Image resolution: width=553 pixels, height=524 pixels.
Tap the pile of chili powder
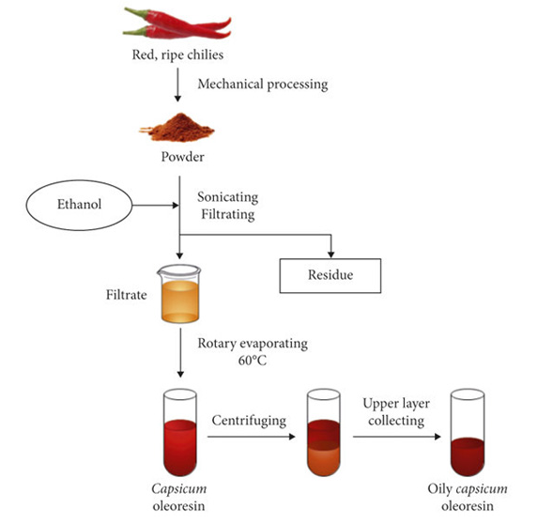(177, 128)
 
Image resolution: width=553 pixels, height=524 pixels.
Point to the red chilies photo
(177, 23)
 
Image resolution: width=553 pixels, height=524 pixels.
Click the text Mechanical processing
(263, 85)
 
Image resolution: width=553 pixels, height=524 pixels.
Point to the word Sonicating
(228, 197)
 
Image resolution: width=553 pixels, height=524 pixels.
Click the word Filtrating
(228, 214)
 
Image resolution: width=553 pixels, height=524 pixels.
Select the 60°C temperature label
(253, 361)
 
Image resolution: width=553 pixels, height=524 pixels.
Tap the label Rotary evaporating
(253, 344)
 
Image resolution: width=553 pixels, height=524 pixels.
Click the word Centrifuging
(249, 421)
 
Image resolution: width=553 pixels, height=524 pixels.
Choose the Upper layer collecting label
(396, 412)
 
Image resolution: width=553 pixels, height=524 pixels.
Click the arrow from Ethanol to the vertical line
(156, 205)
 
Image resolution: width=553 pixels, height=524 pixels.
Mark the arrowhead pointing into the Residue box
(330, 254)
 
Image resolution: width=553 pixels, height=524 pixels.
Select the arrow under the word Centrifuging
(251, 437)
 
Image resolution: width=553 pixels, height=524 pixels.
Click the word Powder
(183, 157)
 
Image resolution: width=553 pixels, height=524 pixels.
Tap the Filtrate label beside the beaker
(126, 295)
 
